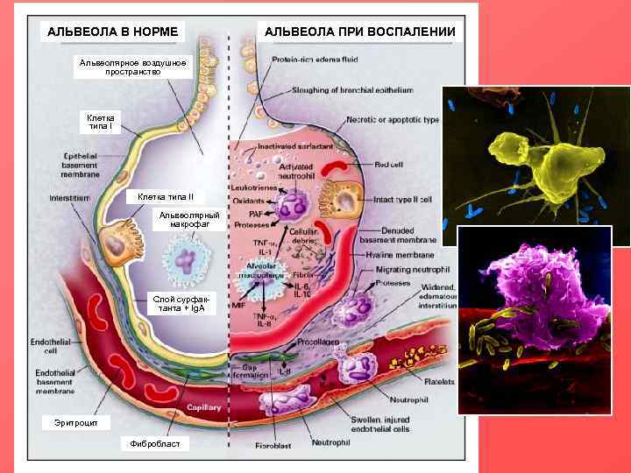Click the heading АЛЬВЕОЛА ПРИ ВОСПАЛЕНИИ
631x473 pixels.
(x=360, y=32)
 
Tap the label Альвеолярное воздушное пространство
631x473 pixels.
(x=132, y=67)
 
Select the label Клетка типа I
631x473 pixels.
(x=105, y=122)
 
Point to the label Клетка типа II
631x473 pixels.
(x=172, y=196)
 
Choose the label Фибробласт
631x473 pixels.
(x=153, y=444)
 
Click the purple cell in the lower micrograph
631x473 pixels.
(x=535, y=280)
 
